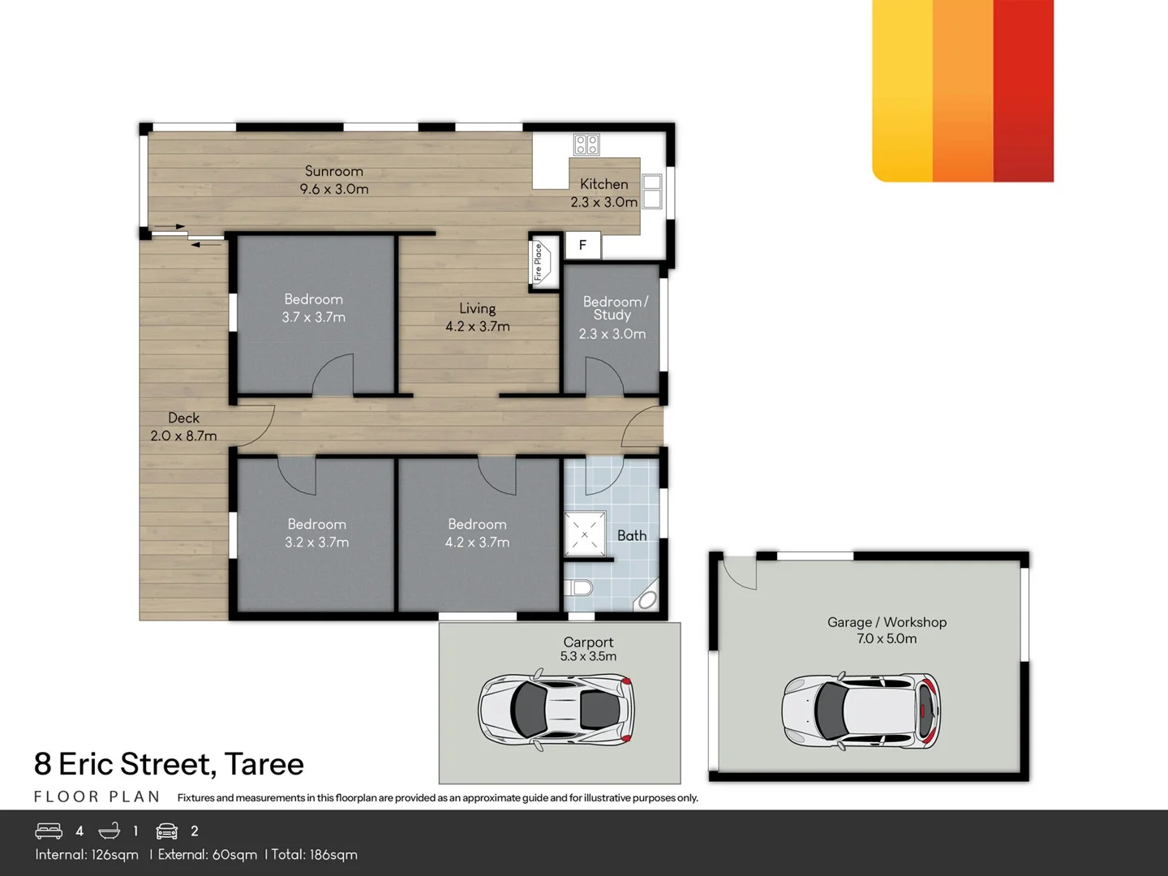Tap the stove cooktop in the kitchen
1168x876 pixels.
(586, 144)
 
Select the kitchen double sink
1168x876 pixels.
(652, 191)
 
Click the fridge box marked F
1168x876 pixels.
(582, 245)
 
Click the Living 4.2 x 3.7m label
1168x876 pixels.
(477, 317)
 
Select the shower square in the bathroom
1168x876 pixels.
(585, 535)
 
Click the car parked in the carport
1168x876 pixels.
(556, 708)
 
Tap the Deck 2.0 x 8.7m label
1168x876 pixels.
(183, 427)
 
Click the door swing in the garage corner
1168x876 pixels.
(738, 573)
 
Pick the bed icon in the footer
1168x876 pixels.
(49, 831)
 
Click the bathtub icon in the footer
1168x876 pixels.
(109, 831)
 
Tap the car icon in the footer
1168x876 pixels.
(166, 831)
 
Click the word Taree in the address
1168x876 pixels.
(264, 764)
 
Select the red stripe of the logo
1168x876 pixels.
(1023, 89)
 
